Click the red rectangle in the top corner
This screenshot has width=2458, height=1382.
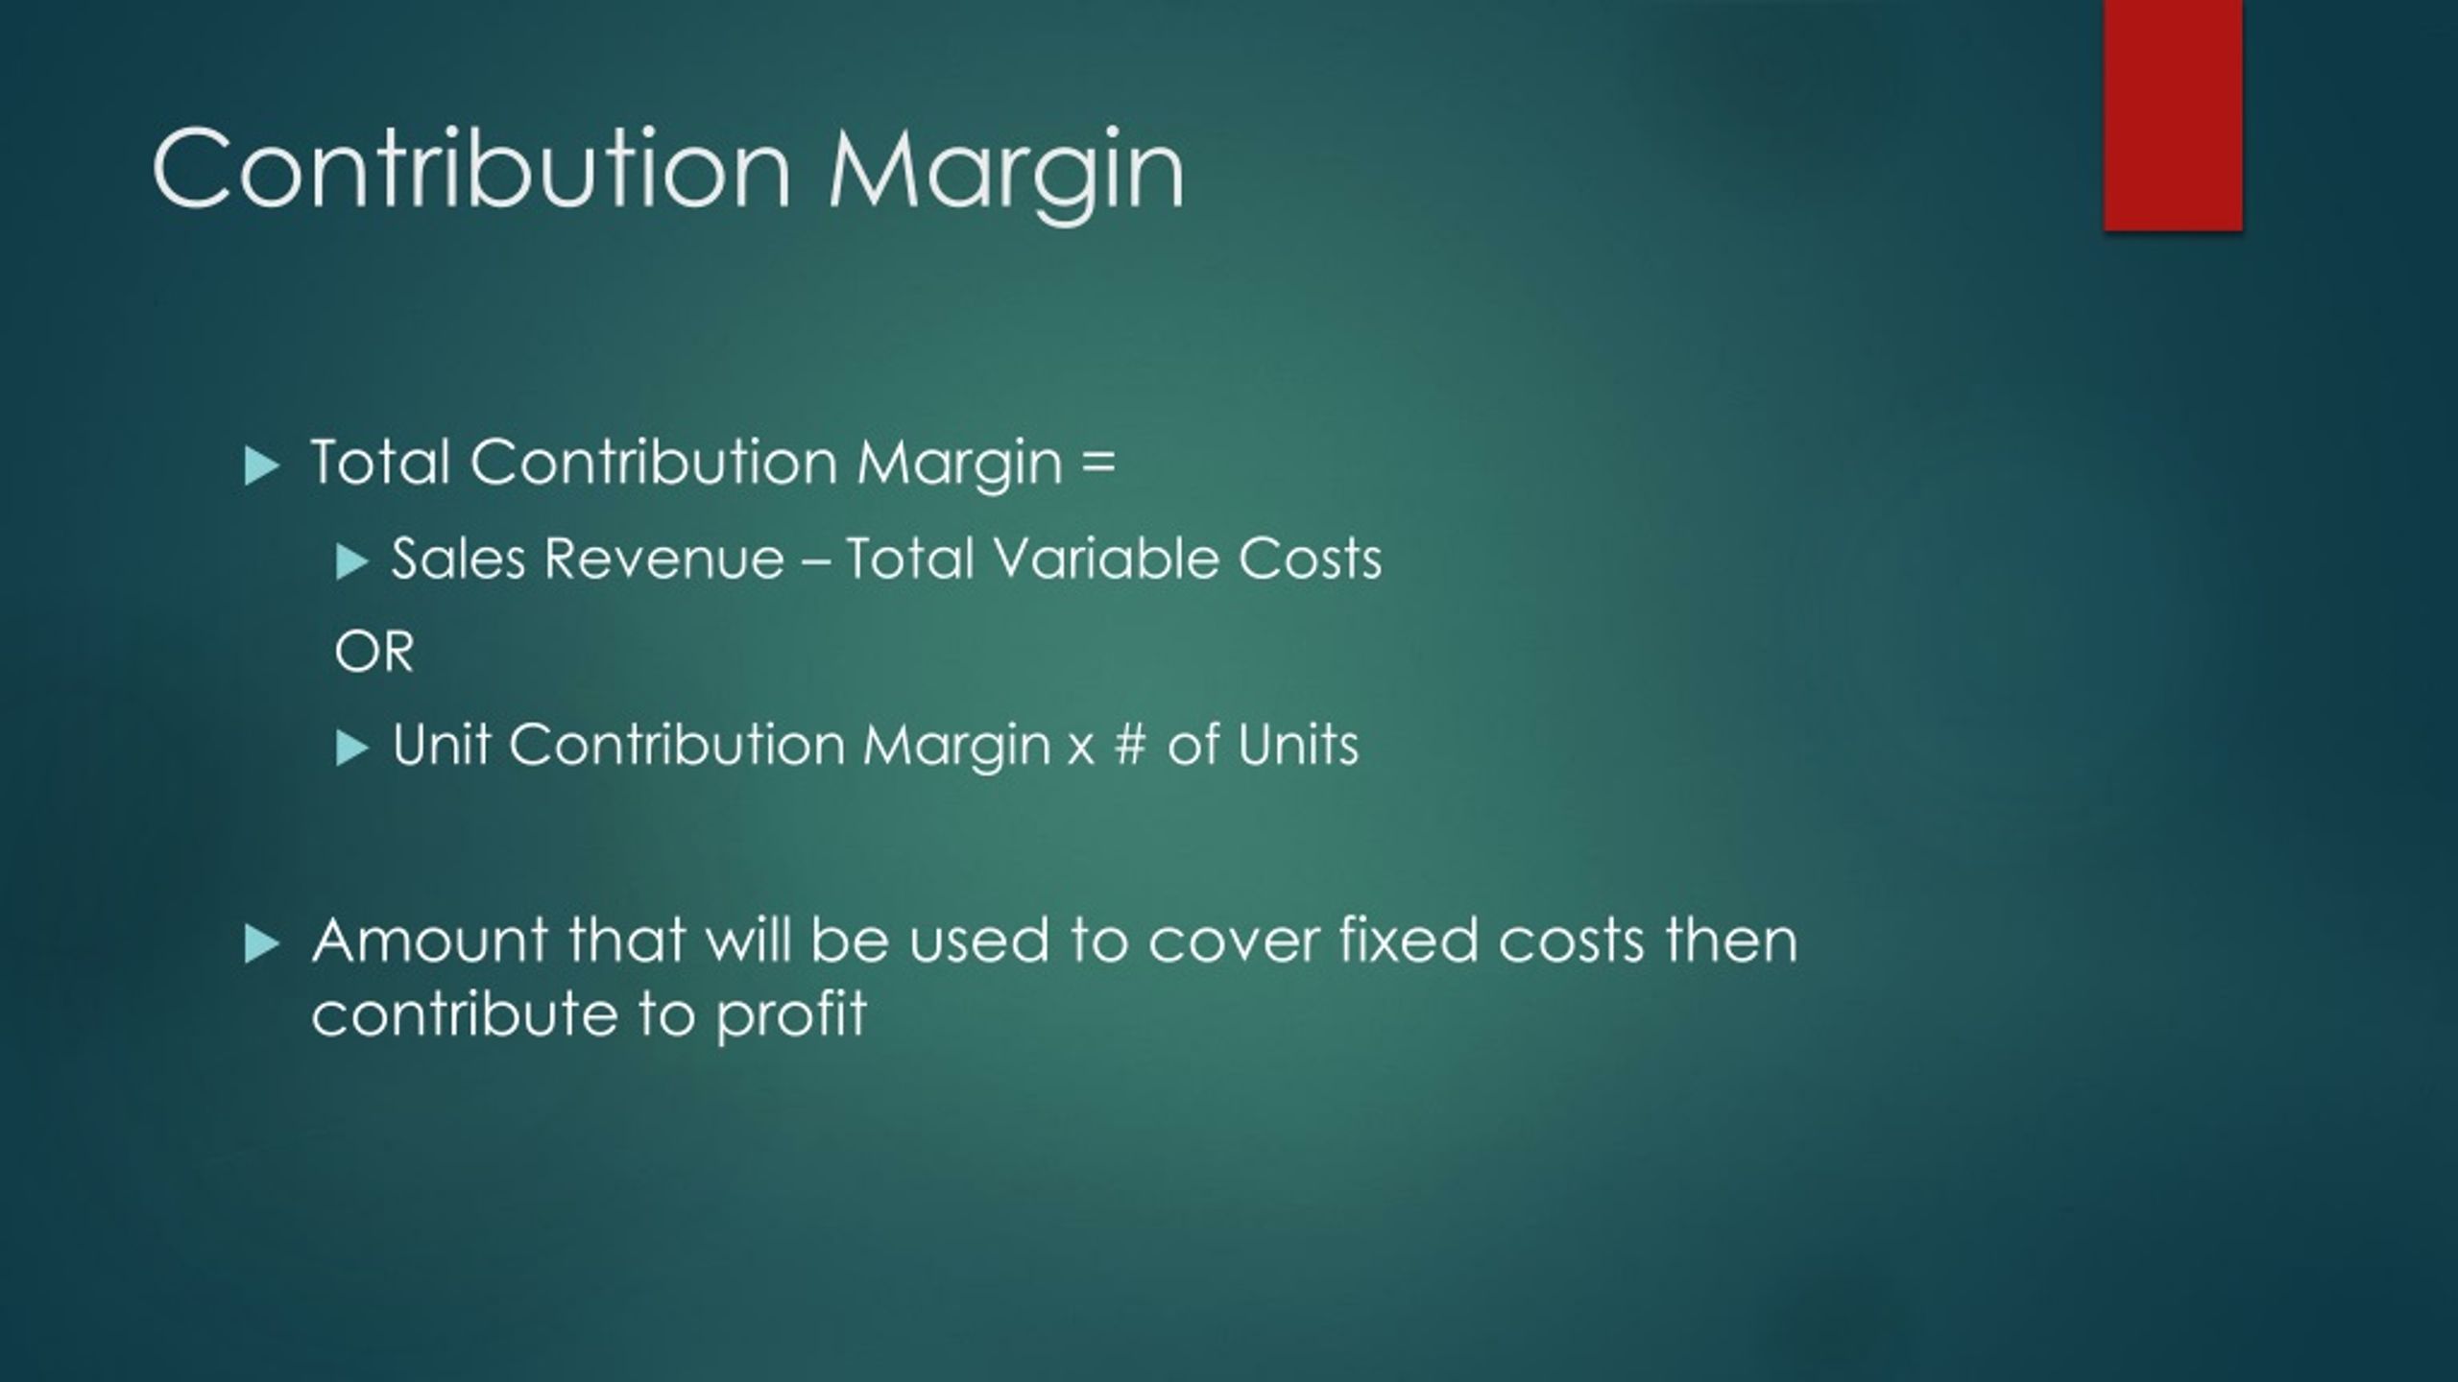(2172, 115)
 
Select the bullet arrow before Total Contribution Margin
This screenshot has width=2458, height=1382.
(261, 466)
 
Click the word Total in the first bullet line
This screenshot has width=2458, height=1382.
(380, 463)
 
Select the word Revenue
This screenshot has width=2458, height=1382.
(663, 559)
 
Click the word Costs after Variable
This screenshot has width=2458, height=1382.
(1310, 559)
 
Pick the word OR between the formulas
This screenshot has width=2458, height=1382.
(374, 653)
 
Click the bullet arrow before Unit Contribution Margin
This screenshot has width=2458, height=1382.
(351, 749)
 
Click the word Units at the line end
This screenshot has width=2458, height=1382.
(1297, 745)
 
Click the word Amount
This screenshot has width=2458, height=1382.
(429, 941)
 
